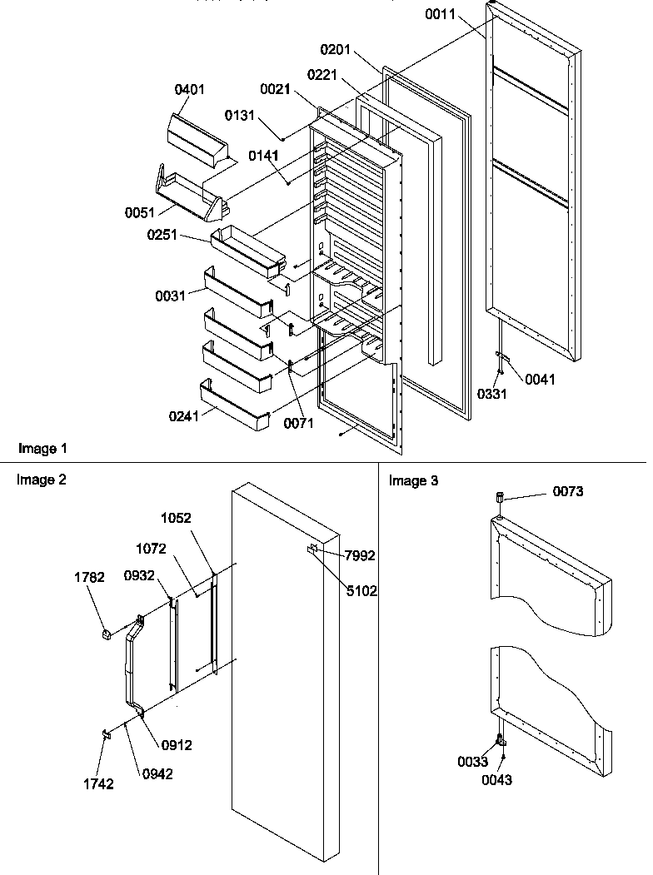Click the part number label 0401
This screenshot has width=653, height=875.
(x=189, y=90)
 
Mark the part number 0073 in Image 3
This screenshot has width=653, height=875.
(x=567, y=491)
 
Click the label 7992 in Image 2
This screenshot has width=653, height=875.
(x=361, y=555)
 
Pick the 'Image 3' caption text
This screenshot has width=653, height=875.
(x=413, y=480)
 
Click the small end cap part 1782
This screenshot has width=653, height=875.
(x=106, y=634)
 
